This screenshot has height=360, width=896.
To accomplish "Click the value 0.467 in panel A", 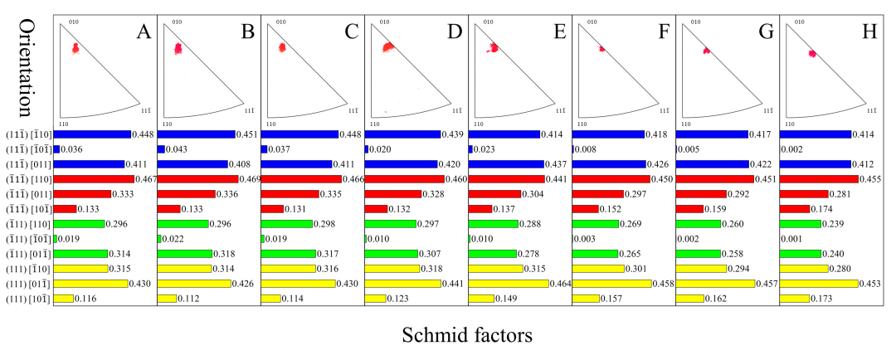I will click(x=146, y=179).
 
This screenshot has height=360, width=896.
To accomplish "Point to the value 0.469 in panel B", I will click(x=250, y=179).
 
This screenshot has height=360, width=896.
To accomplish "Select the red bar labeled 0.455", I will click(x=819, y=179).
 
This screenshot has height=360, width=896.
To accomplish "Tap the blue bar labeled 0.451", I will click(x=196, y=134).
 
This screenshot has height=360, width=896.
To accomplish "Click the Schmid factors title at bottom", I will click(x=467, y=335).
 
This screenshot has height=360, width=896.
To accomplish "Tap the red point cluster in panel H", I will click(x=812, y=54).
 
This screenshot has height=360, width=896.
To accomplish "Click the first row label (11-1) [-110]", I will click(x=27, y=134).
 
